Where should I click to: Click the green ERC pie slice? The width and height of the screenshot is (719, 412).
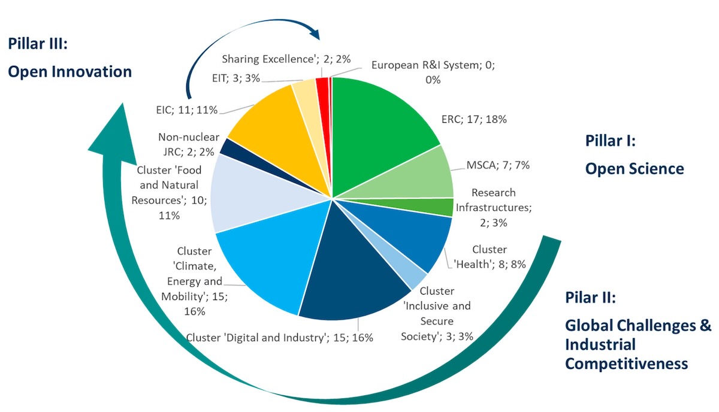coord(379,128)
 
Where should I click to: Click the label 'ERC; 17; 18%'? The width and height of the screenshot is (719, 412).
coord(474,119)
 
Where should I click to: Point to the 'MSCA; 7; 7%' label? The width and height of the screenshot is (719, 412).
coord(498,165)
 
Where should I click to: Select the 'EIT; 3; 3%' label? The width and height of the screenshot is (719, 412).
coord(236,78)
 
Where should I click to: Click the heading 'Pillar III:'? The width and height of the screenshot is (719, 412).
coord(38,43)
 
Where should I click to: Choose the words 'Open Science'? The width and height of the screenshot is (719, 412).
coord(635,169)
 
